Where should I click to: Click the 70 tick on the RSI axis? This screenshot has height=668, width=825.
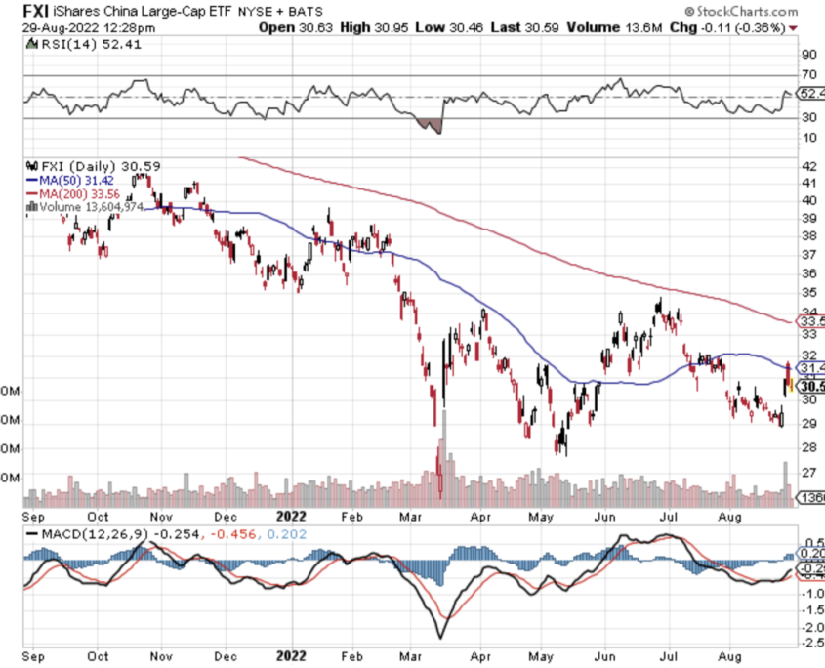click(807, 75)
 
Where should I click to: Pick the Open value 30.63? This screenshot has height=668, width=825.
click(313, 28)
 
